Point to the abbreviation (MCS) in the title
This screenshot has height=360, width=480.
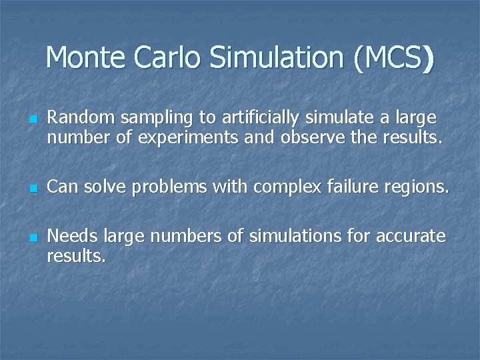pyautogui.click(x=395, y=59)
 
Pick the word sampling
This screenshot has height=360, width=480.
pyautogui.click(x=143, y=119)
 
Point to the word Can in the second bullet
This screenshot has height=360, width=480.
pyautogui.click(x=61, y=187)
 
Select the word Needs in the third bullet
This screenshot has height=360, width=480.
pyautogui.click(x=69, y=237)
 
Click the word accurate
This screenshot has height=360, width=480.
pyautogui.click(x=410, y=237)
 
